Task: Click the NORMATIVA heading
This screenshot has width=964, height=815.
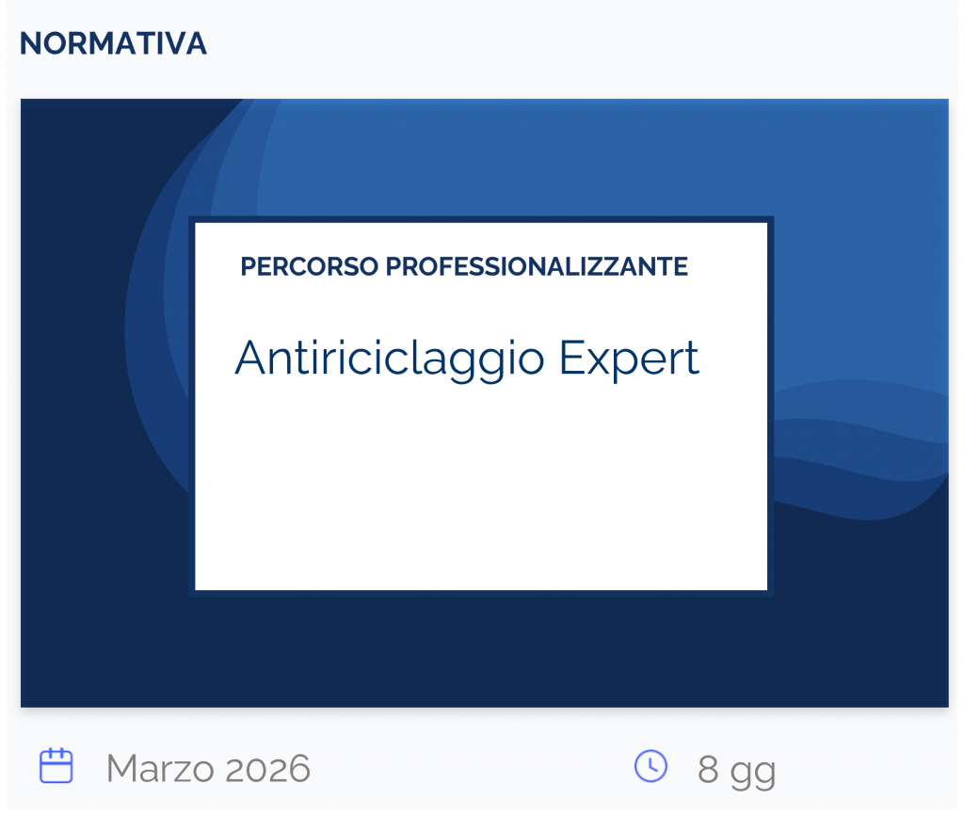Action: click(113, 43)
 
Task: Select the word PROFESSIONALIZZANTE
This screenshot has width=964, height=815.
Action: click(537, 267)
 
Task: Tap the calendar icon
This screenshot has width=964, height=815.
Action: click(56, 766)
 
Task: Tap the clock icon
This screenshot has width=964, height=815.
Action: click(651, 766)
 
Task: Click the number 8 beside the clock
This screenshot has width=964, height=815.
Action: click(708, 770)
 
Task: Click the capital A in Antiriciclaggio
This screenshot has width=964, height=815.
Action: click(249, 358)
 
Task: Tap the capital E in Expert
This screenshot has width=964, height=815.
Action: click(570, 358)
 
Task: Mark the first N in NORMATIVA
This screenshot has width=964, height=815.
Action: click(29, 43)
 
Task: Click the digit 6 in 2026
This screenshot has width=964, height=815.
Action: click(298, 769)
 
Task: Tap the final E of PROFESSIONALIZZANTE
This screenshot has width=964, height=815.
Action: click(681, 267)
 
